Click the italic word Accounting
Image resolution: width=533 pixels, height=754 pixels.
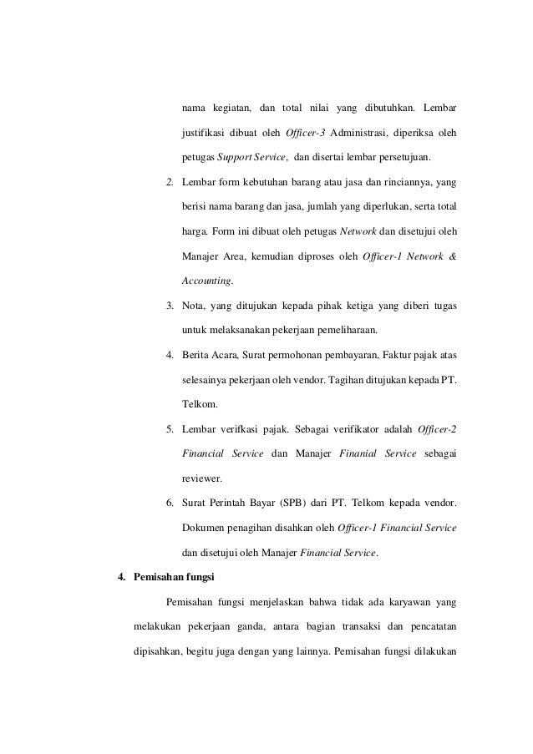(x=207, y=280)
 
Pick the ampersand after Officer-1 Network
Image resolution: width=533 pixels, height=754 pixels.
(x=451, y=255)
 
